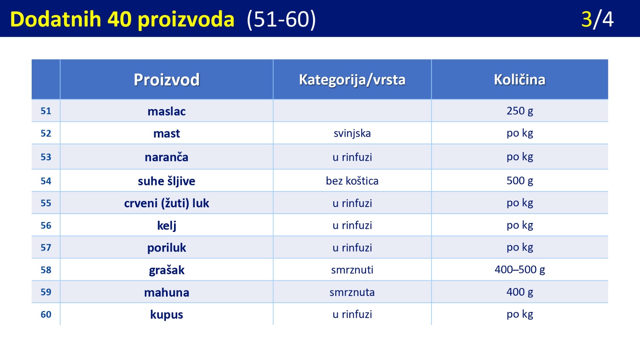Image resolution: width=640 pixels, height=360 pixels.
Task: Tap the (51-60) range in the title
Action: coord(281,20)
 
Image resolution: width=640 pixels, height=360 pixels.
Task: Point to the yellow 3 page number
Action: coord(587,19)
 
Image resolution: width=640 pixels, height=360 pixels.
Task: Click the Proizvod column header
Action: coord(167,80)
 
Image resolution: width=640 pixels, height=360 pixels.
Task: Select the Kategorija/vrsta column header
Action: coord(352,80)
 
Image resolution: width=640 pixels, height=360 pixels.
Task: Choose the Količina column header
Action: coord(520,79)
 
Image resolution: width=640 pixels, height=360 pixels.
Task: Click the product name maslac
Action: coord(167,111)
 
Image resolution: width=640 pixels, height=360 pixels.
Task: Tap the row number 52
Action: coord(46,133)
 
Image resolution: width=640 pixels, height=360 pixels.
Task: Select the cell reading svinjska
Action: coord(352,133)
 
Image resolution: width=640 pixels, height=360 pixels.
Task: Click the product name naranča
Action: coord(167,157)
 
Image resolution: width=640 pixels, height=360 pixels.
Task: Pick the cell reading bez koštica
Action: coord(352,181)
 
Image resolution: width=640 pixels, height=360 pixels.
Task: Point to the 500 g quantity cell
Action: coord(520,181)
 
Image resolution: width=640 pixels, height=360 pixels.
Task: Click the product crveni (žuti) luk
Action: coord(167,203)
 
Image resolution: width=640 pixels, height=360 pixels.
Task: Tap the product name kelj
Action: coord(167,226)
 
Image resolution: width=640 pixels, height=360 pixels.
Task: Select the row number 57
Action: coord(46,247)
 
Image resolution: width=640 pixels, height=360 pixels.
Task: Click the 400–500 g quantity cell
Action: coord(520,269)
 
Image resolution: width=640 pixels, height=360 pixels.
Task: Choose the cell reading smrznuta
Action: coord(352,292)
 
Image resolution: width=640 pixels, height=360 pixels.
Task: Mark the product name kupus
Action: coord(167,315)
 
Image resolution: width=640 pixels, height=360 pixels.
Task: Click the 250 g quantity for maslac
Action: coord(520,111)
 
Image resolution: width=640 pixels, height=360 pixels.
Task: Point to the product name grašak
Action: coord(167,270)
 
